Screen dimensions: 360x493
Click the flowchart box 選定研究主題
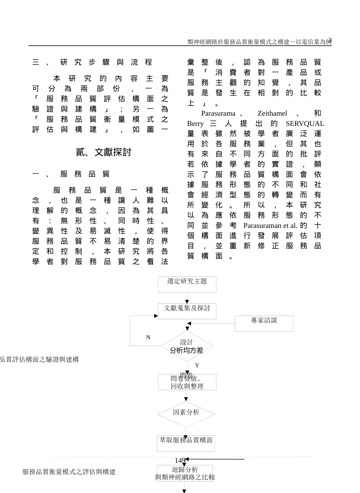(x=187, y=284)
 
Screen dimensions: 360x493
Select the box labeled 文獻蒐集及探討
(x=187, y=311)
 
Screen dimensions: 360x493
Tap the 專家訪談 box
(x=264, y=323)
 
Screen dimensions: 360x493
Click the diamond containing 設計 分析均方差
(x=186, y=346)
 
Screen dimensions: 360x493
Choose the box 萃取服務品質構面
(x=186, y=443)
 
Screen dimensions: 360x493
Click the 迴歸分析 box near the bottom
(x=185, y=473)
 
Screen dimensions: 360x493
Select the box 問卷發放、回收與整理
(x=187, y=382)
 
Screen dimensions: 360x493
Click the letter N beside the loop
(x=148, y=337)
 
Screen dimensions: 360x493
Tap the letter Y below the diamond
(x=197, y=365)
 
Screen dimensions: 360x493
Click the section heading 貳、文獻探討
(x=103, y=152)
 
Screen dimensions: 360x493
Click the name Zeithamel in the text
(x=272, y=113)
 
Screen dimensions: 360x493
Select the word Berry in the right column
(x=195, y=124)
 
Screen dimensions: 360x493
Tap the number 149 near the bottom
(x=180, y=460)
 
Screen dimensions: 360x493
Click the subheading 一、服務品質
(x=71, y=174)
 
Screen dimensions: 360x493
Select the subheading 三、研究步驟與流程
(x=92, y=62)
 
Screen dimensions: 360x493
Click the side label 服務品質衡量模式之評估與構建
(x=69, y=472)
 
